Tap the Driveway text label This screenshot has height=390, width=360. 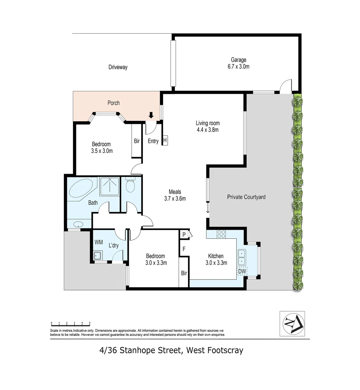(118, 67)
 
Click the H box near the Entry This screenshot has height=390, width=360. (165, 140)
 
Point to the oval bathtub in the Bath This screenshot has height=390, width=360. (81, 187)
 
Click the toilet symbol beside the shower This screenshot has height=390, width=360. (130, 186)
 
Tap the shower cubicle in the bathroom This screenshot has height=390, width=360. (109, 186)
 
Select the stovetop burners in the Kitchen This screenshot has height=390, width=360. (221, 234)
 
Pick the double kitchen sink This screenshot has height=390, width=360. (241, 257)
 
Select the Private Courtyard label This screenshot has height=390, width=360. (246, 197)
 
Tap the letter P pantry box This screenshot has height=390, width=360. (184, 234)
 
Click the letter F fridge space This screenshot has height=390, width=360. (184, 249)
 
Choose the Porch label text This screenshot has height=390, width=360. (113, 103)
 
